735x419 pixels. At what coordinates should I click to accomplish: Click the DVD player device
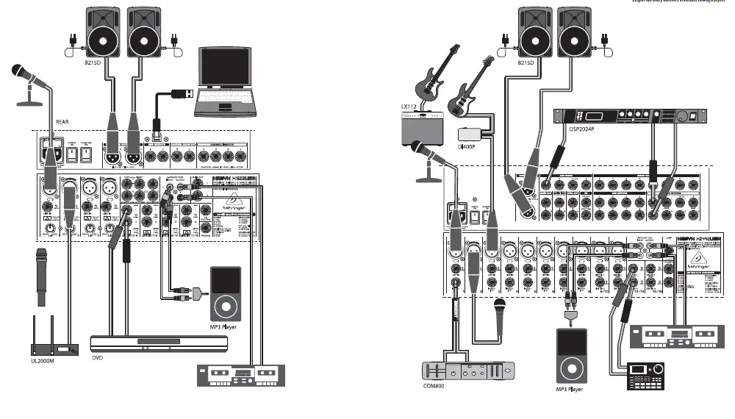[x=148, y=343]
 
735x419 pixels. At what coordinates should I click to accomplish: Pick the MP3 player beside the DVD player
[x=226, y=293]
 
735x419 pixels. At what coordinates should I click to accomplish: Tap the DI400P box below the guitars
[x=470, y=135]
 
